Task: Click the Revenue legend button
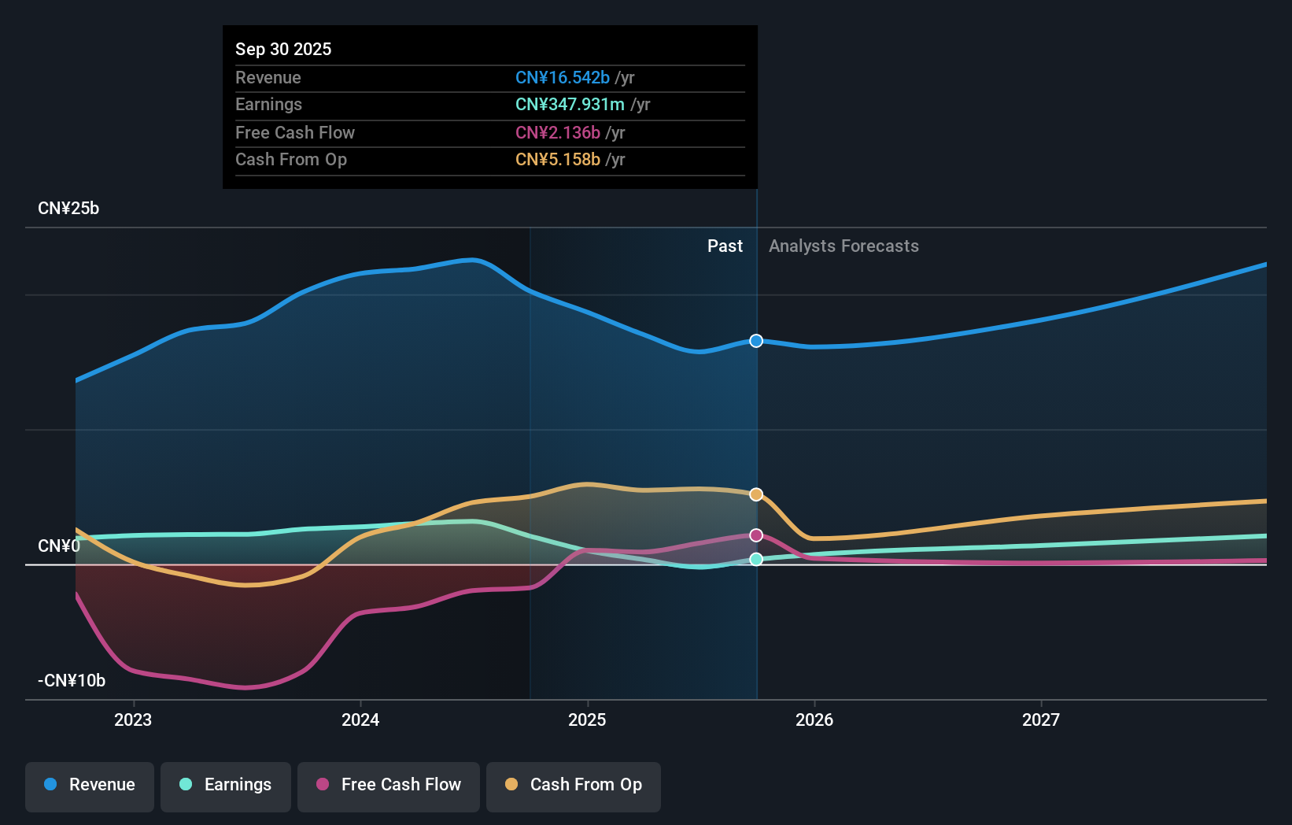(90, 785)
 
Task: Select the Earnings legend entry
(226, 785)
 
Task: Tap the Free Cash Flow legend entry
(389, 785)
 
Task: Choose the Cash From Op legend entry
(574, 785)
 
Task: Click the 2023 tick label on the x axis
(133, 720)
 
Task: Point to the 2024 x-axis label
(360, 720)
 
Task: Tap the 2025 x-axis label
(587, 720)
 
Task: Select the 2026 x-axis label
(814, 720)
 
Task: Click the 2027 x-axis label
(1041, 720)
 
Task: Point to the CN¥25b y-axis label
(68, 209)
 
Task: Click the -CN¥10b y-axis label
(72, 680)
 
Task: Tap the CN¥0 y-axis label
(59, 546)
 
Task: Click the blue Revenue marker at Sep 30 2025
(756, 341)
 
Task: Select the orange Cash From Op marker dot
(756, 494)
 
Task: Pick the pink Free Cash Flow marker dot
(756, 535)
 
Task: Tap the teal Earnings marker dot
(756, 559)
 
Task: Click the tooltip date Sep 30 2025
(283, 49)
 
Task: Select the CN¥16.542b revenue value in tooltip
(562, 77)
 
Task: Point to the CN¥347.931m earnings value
(570, 105)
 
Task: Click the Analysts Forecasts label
(843, 246)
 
